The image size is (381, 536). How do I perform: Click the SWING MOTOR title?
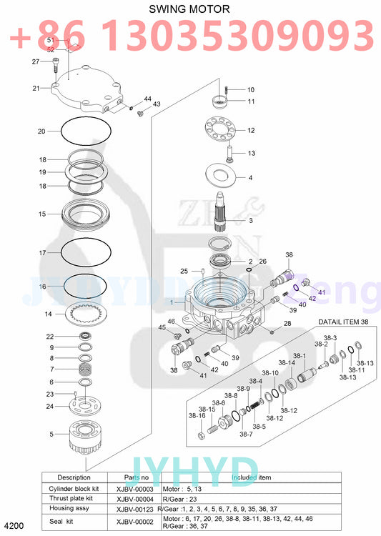tap(189, 9)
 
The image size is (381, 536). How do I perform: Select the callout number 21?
tap(36, 88)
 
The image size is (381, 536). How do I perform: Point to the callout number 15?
tap(42, 214)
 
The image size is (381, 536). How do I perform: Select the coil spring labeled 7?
tap(85, 370)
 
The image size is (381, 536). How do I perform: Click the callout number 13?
tap(251, 153)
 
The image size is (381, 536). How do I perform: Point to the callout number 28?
tap(287, 324)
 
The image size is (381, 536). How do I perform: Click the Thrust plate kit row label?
tap(74, 497)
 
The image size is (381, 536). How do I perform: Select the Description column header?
tap(74, 477)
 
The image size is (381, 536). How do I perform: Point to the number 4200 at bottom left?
tap(14, 527)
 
